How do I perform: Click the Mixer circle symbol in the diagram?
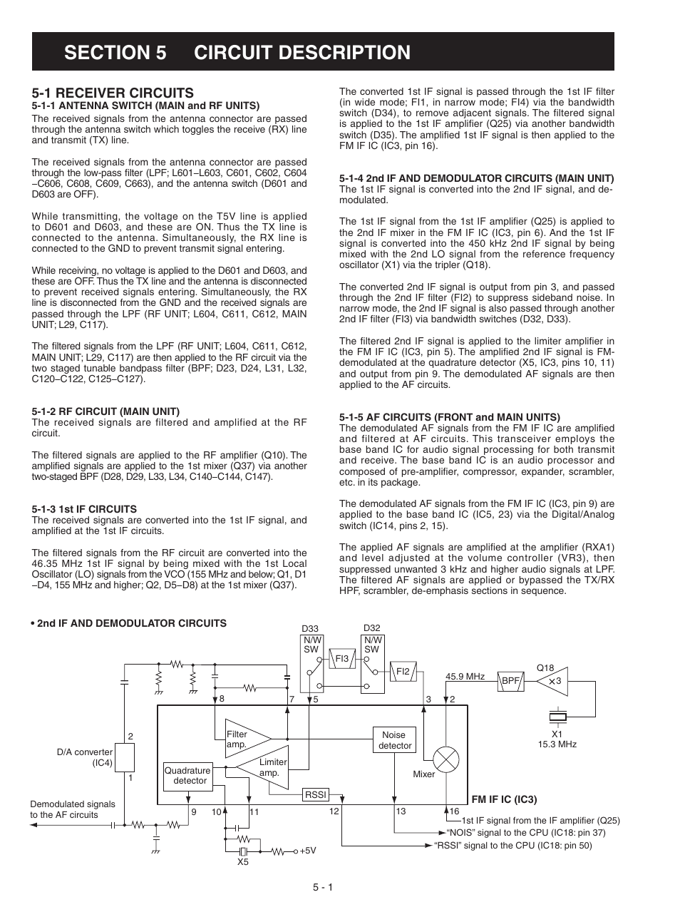pos(446,759)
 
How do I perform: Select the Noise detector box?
pos(394,740)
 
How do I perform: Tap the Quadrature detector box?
pos(187,775)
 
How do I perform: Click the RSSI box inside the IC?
pos(315,794)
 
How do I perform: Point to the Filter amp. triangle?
pos(246,739)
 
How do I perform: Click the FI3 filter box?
pos(342,659)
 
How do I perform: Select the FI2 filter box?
pos(403,671)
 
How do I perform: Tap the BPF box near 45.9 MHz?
pos(510,681)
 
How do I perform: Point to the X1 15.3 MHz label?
pos(557,739)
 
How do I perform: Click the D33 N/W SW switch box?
pos(312,664)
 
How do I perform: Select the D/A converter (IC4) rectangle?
pos(125,757)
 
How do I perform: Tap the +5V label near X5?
pos(307,851)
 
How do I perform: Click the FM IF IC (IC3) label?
pos(503,799)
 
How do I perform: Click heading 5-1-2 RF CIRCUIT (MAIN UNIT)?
pos(105,411)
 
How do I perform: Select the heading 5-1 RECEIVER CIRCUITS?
pos(113,93)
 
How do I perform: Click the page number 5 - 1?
pos(322,887)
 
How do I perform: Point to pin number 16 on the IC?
pos(455,811)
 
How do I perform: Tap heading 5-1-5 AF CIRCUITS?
pos(449,417)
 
